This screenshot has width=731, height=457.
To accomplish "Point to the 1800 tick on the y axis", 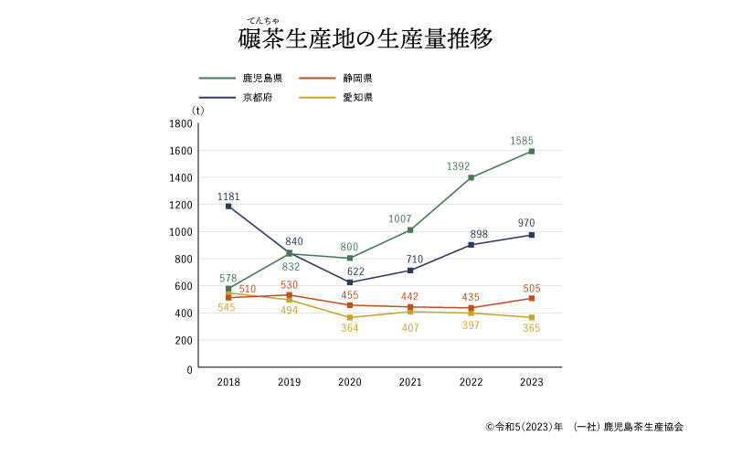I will (181, 123).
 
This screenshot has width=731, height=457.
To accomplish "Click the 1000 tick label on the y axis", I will (181, 232).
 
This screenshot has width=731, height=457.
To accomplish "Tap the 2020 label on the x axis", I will (350, 381).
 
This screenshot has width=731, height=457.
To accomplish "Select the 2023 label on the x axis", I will (531, 381).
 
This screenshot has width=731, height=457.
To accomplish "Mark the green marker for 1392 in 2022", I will (471, 178).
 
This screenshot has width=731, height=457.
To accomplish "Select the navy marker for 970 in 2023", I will (531, 235).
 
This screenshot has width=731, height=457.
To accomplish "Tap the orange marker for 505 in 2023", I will (531, 298).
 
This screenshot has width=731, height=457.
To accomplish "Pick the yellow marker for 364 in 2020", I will (350, 317).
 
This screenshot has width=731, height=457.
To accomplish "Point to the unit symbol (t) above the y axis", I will (197, 110).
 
